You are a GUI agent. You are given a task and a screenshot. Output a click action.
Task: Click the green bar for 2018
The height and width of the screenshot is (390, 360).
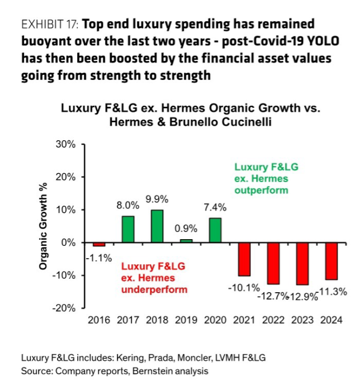157,226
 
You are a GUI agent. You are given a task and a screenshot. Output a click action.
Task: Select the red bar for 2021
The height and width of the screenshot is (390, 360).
244,259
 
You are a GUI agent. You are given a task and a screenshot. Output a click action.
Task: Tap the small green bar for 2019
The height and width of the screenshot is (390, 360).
186,241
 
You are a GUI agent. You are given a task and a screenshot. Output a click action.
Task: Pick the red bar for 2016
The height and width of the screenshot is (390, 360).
99,245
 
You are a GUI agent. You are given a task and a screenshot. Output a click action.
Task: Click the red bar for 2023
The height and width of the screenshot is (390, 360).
302,264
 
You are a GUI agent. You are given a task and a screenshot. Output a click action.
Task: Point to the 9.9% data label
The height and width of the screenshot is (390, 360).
157,199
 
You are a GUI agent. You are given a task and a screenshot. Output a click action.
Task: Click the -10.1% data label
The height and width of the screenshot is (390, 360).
244,288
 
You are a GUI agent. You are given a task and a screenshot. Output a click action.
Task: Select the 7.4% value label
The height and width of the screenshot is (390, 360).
215,207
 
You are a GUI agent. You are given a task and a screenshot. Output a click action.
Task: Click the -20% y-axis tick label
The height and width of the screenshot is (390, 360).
64,308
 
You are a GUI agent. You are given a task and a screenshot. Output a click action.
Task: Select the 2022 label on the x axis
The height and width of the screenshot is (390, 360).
273,320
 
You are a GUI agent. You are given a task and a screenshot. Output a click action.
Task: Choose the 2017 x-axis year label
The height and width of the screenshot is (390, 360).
128,320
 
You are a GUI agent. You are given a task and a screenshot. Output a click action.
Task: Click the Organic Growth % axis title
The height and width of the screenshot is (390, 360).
43,226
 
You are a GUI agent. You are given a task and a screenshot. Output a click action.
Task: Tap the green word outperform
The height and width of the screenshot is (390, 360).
261,191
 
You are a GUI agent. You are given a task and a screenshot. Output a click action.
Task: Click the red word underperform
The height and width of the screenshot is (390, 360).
154,289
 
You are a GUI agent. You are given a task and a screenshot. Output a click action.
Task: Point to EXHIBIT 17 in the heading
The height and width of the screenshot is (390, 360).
50,25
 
